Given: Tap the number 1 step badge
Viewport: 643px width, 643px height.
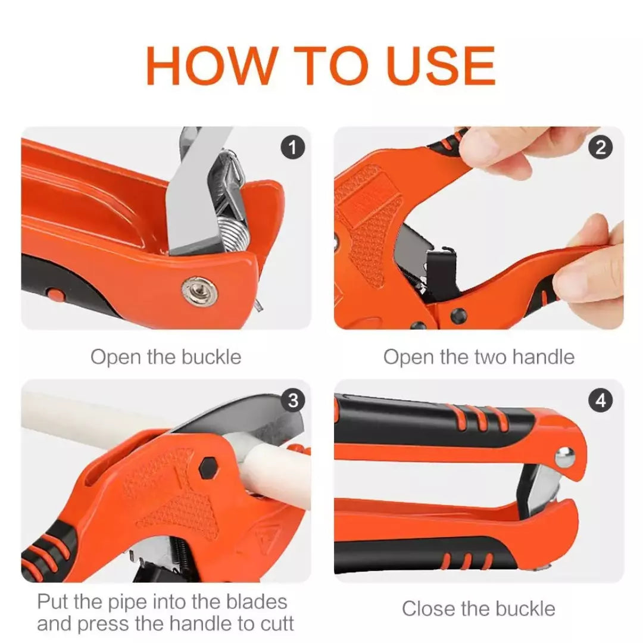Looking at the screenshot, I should tap(292, 146).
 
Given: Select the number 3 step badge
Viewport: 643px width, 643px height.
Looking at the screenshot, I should tap(292, 401).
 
